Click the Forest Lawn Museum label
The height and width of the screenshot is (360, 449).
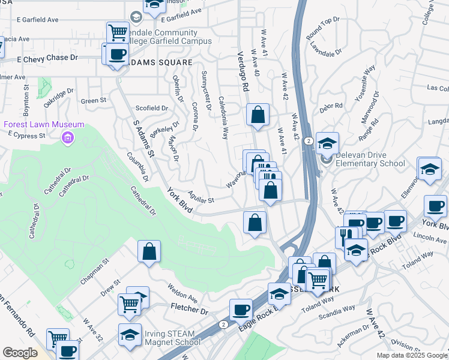35,124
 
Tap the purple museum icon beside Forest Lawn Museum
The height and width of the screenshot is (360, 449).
68,139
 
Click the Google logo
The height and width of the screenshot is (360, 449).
20,353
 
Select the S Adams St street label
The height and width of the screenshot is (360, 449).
144,139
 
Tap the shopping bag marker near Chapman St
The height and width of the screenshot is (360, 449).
149,252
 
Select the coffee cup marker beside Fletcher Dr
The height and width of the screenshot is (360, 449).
241,310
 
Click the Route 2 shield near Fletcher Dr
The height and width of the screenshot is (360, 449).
223,324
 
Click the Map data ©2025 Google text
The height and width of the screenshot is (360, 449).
411,355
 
